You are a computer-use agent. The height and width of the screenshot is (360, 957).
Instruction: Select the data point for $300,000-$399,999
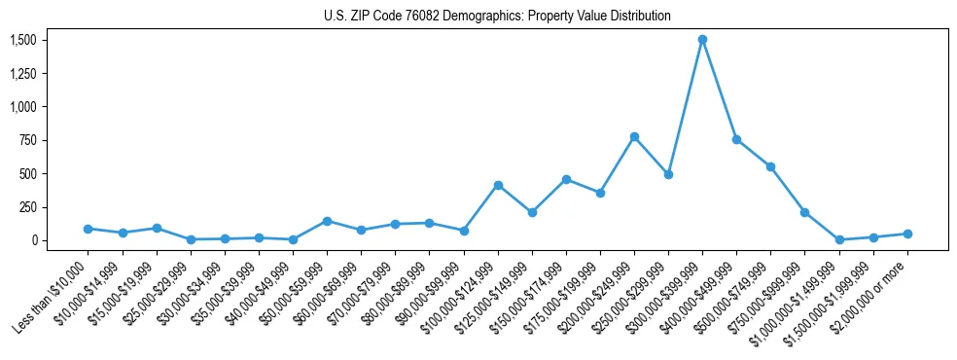coord(702,40)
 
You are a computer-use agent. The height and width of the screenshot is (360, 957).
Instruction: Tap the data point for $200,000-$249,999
coord(634,137)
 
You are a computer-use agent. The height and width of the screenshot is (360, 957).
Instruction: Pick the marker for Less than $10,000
coord(88,229)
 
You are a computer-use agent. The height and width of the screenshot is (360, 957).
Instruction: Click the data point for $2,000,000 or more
coord(907,234)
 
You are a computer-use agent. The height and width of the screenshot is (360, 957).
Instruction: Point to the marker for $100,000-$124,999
coord(498,185)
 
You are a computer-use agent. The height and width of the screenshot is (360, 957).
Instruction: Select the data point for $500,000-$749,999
coord(770,166)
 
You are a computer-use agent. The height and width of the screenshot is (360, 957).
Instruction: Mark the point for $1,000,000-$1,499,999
coord(839,239)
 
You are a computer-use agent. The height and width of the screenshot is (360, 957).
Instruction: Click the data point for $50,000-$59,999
coord(327,221)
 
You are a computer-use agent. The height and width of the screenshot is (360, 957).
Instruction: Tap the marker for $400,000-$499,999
coord(736,139)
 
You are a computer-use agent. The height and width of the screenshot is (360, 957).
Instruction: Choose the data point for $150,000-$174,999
coord(566,179)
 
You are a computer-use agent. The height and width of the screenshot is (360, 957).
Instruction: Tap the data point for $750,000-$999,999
coord(804,212)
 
